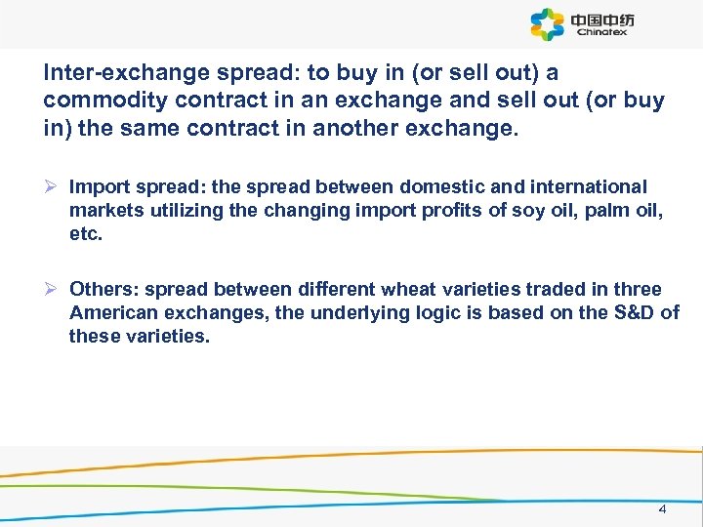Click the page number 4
[x=662, y=508]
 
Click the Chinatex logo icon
[x=547, y=24]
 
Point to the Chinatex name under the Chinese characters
[x=601, y=32]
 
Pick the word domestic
[x=456, y=186]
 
